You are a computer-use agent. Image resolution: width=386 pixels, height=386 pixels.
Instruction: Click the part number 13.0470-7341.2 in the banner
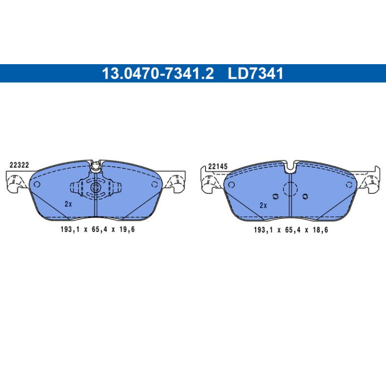coord(158,73)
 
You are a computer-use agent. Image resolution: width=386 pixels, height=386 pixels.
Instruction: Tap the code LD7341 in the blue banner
coord(256,73)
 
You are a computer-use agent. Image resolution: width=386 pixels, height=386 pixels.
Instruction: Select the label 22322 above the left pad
coord(19,165)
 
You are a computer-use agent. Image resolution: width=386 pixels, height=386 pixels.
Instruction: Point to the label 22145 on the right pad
coord(218,166)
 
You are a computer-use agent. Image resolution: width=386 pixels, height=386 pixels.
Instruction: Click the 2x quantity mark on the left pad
coord(68,204)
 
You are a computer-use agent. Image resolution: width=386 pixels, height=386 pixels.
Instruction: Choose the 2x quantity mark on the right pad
coord(263,206)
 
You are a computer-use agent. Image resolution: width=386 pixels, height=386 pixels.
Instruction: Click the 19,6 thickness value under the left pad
coord(126,230)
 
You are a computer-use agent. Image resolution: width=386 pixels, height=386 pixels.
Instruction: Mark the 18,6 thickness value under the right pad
coord(320,230)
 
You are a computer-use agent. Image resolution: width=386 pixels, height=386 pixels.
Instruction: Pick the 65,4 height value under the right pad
coord(293,230)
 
